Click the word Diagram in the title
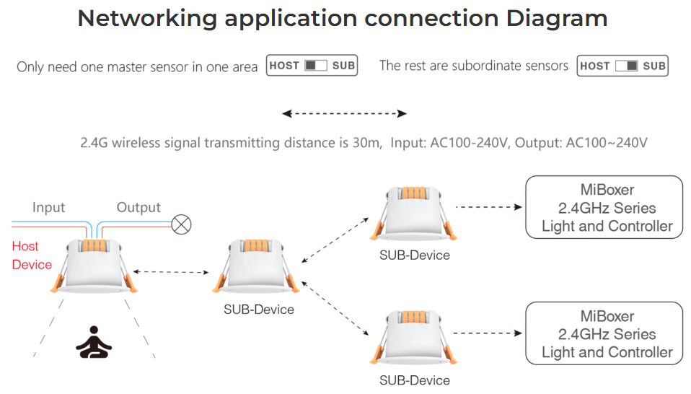click(557, 19)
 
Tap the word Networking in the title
click(146, 19)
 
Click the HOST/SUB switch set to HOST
click(312, 66)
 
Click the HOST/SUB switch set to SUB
click(622, 66)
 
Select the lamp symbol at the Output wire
click(181, 224)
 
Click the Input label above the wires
click(48, 207)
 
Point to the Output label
click(138, 207)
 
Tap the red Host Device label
click(32, 255)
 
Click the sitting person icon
click(94, 342)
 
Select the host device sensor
click(94, 266)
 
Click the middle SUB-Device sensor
click(255, 266)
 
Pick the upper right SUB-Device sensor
click(413, 214)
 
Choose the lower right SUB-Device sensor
click(413, 338)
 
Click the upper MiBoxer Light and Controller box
click(604, 207)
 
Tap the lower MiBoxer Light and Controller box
click(604, 333)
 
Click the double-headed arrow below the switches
click(344, 114)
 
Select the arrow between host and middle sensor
click(171, 272)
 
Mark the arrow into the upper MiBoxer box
click(489, 206)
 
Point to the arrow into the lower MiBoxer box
click(488, 333)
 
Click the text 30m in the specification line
click(367, 143)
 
